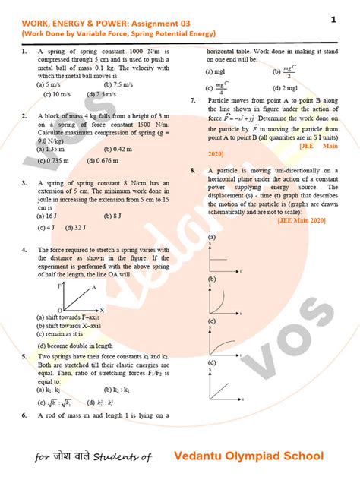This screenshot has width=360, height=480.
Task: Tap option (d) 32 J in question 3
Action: click(87, 226)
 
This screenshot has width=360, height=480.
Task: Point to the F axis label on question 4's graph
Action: click(59, 286)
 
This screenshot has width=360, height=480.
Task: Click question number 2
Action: click(24, 115)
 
